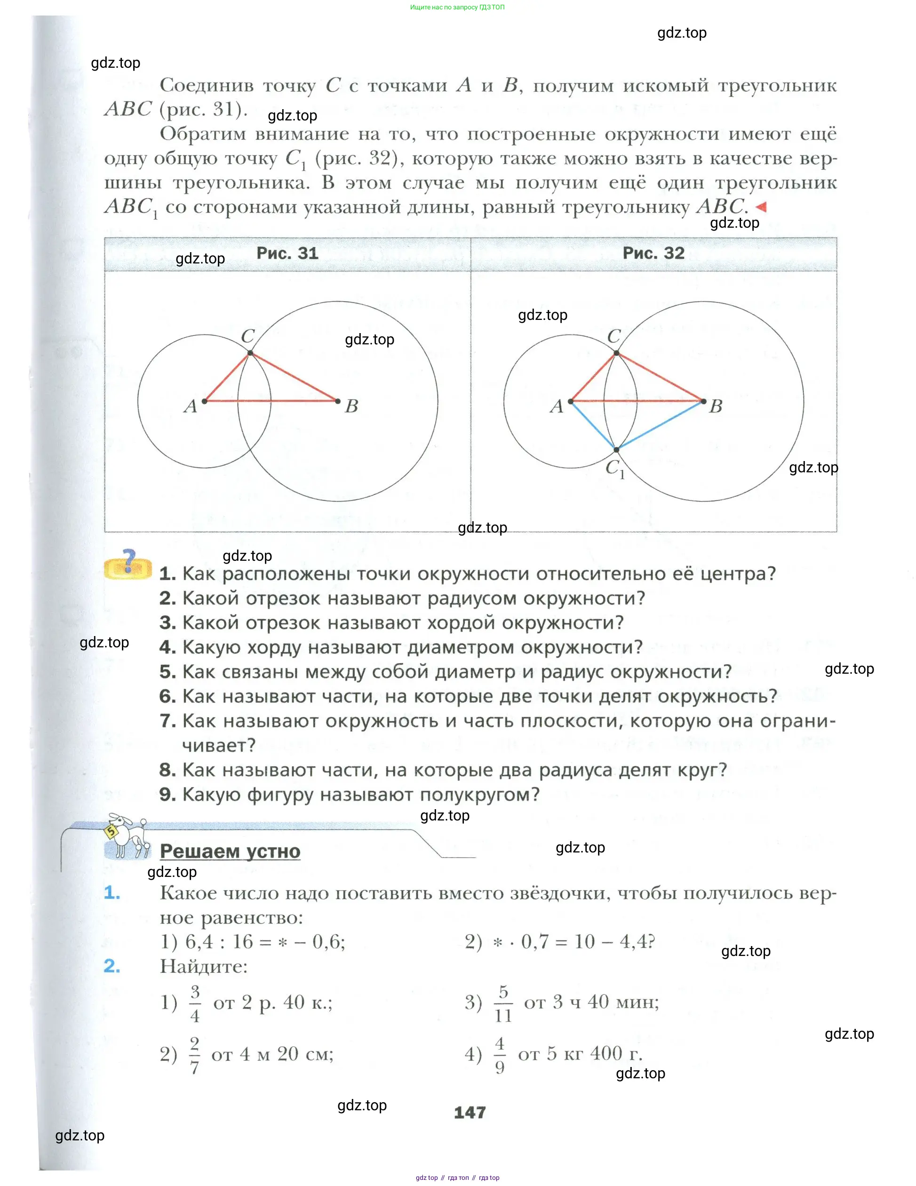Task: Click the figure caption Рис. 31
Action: pos(287,253)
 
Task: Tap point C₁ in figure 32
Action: pos(616,450)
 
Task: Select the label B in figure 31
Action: pos(351,406)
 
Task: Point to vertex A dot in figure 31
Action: pos(205,401)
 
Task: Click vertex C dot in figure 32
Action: pos(616,353)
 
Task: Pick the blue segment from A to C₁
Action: pos(593,426)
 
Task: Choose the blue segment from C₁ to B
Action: pos(660,426)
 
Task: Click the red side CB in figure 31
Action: pos(294,377)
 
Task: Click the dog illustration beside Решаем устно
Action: pos(128,836)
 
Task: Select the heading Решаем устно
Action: pos(230,851)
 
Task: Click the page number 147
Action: pos(470,1113)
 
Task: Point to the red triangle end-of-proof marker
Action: pos(761,207)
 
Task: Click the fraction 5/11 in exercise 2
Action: pos(503,1003)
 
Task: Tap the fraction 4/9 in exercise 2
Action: pos(500,1055)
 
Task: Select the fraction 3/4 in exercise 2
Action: pos(195,1003)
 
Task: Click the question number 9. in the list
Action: pos(167,795)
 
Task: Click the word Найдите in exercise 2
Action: pos(204,966)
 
